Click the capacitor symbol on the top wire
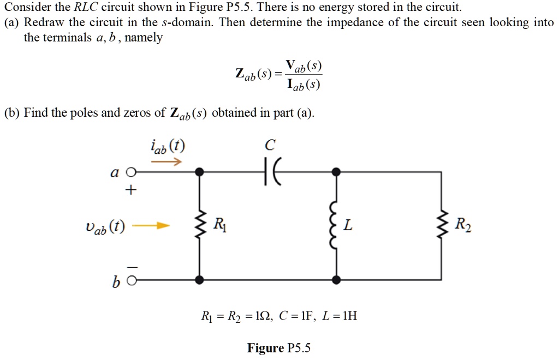[x=270, y=172]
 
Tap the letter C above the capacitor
[x=270, y=145]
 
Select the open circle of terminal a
[x=129, y=172]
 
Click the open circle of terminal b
[x=129, y=280]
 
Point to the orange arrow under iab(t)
[x=166, y=162]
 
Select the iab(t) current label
[x=167, y=147]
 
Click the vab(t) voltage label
[x=106, y=226]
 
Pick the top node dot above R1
[x=200, y=172]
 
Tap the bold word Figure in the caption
[x=265, y=347]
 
